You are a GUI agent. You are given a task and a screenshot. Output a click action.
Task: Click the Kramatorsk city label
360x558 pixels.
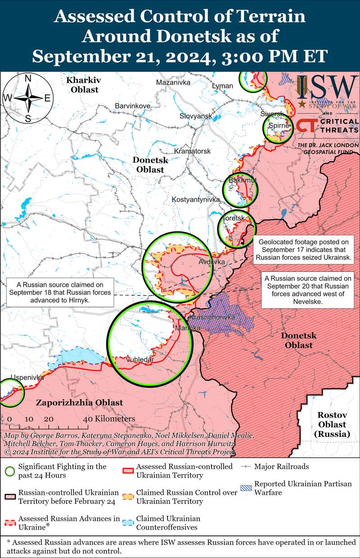pos(192,151)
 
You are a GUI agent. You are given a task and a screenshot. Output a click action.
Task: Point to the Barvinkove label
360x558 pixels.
pos(132,105)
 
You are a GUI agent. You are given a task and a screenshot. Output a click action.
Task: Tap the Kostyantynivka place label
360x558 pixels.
pos(195,199)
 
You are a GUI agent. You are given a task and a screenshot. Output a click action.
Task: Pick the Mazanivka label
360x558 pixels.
pos(173,82)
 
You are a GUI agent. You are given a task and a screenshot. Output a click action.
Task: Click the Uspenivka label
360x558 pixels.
pos(15,377)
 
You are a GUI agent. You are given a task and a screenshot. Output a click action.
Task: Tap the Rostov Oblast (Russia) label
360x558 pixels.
pos(332,424)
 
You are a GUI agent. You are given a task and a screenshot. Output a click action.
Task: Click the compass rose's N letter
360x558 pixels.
pos(27,78)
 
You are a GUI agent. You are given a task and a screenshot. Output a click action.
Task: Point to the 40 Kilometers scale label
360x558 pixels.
pos(109,419)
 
